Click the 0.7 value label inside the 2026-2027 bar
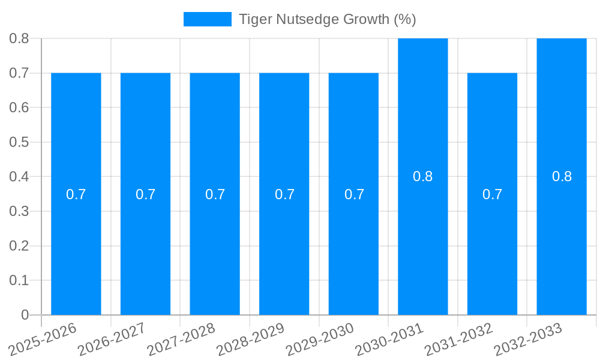tap(145, 194)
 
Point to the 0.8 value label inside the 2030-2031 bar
tap(423, 176)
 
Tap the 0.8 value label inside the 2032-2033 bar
tap(562, 176)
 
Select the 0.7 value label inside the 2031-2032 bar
tap(492, 194)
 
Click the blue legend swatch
tap(207, 19)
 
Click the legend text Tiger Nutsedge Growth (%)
tap(327, 19)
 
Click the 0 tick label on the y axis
tap(25, 315)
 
